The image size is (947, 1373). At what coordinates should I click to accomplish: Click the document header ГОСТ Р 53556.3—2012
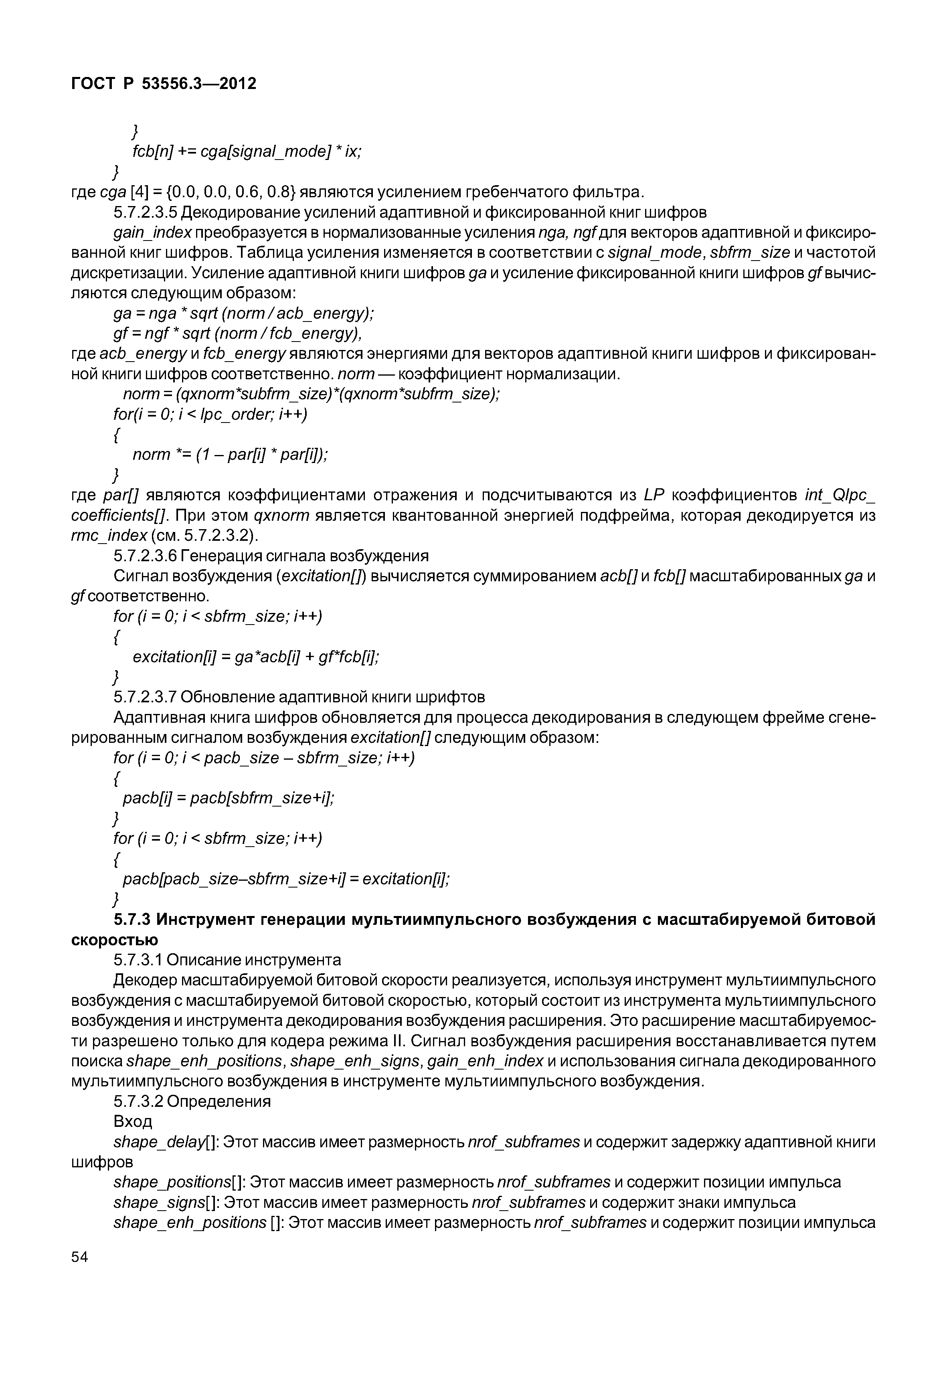click(164, 84)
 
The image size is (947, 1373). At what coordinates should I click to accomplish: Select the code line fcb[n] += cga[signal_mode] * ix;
click(247, 152)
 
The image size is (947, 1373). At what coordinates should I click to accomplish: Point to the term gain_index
click(152, 233)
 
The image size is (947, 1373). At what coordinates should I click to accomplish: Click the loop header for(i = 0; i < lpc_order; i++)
click(210, 414)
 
